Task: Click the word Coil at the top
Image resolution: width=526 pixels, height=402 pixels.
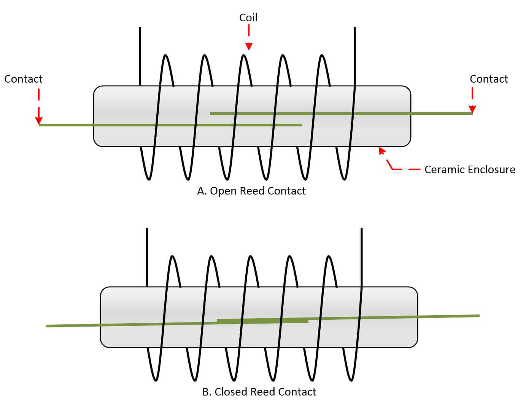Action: click(248, 18)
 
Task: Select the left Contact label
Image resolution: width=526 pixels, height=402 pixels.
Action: click(24, 79)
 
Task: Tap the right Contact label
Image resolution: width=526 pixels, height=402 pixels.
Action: click(489, 79)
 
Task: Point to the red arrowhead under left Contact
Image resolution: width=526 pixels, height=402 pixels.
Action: click(39, 120)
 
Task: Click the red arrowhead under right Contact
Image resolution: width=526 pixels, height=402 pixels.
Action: click(472, 109)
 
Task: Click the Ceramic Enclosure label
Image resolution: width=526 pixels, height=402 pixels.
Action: click(470, 169)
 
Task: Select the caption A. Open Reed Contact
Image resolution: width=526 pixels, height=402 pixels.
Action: click(251, 191)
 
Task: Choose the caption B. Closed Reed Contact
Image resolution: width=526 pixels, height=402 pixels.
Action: click(259, 392)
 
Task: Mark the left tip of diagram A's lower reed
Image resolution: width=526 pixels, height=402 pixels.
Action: click(39, 125)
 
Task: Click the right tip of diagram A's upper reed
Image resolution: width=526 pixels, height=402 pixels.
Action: click(472, 113)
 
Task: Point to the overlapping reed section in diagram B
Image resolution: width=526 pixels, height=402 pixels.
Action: click(262, 321)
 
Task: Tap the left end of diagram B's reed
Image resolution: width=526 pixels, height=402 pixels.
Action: click(46, 326)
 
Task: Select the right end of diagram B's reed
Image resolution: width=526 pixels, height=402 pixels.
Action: click(479, 316)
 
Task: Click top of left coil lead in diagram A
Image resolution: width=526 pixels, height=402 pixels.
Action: click(140, 27)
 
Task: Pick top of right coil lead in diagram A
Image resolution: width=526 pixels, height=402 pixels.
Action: click(355, 27)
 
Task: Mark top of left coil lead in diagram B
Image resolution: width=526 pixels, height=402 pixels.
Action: click(147, 228)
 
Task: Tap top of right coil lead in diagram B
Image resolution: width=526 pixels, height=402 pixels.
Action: click(362, 228)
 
